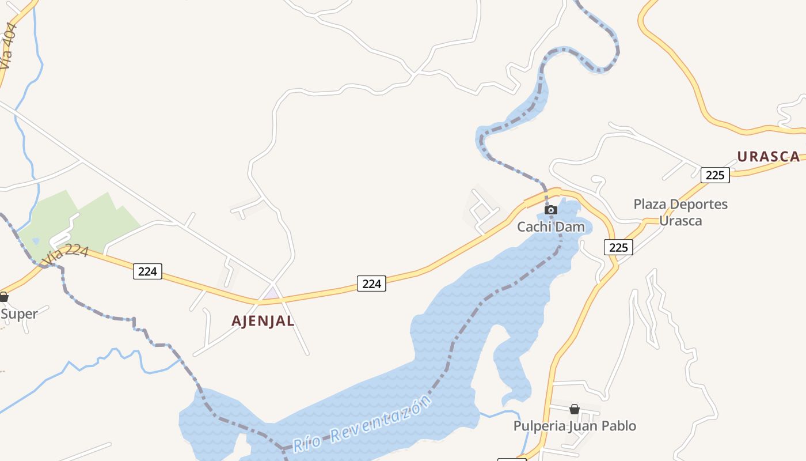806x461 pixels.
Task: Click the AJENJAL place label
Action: (x=263, y=321)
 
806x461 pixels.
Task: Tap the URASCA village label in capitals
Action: (x=769, y=156)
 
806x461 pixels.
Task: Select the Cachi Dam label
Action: (x=550, y=226)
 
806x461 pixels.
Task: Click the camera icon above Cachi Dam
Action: (x=551, y=210)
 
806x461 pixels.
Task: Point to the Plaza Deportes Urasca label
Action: (x=680, y=212)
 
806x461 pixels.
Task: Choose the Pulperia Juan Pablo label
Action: (x=575, y=426)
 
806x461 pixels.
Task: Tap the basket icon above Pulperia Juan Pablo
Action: (x=575, y=409)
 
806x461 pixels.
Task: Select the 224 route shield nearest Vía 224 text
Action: (x=147, y=271)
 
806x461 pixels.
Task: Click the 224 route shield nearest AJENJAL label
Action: (x=371, y=284)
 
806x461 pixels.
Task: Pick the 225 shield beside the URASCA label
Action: (x=715, y=175)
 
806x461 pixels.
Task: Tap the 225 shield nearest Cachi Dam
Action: (x=618, y=247)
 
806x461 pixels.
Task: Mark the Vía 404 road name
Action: (x=9, y=46)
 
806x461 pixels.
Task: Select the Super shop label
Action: (x=19, y=314)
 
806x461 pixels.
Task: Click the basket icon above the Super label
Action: (x=3, y=297)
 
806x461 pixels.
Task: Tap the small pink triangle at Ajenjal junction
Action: (x=271, y=294)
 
